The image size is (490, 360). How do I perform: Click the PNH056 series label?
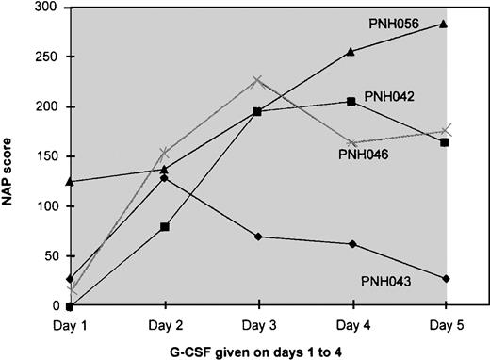[414, 22]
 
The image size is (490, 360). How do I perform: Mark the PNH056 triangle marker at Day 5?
[445, 25]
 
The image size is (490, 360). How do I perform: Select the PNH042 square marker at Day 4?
[351, 102]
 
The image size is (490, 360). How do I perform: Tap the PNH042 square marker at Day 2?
[166, 227]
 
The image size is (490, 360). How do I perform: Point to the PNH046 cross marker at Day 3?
[258, 80]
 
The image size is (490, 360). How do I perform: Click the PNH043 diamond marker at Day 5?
[445, 278]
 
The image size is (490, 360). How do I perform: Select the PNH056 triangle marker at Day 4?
[351, 52]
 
